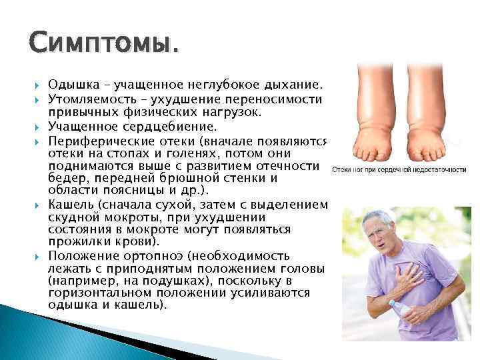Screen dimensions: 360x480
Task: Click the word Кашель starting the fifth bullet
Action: (x=68, y=204)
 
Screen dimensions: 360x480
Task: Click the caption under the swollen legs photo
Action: (x=399, y=170)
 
